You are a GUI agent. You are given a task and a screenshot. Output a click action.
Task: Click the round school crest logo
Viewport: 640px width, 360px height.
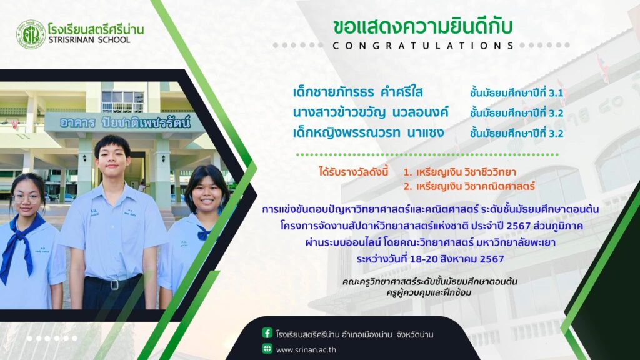click(x=31, y=34)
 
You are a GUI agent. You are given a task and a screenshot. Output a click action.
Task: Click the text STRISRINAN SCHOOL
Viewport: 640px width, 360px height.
click(x=89, y=40)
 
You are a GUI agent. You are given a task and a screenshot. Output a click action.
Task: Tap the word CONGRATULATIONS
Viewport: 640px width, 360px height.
click(x=423, y=46)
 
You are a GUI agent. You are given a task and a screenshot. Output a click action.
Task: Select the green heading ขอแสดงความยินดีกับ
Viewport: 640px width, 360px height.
click(x=422, y=27)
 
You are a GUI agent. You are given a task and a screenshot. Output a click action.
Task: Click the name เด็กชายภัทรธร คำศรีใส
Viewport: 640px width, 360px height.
click(x=357, y=92)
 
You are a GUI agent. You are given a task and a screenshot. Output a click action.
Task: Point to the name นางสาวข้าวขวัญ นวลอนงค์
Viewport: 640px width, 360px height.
click(x=371, y=112)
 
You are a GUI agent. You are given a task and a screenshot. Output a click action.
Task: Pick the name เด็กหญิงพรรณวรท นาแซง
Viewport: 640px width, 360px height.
click(x=367, y=132)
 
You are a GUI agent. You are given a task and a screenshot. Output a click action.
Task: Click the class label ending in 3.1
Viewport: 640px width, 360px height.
click(x=516, y=92)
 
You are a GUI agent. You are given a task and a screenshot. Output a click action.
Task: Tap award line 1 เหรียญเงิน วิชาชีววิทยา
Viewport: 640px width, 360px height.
click(x=459, y=172)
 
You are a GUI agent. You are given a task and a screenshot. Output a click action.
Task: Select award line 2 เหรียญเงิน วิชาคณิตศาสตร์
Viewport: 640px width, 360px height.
click(x=469, y=186)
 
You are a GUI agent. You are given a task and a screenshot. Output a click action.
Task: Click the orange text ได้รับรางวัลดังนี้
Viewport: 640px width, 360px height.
click(x=354, y=171)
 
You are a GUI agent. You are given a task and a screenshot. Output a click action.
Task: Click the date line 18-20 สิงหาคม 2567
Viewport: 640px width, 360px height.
click(x=430, y=259)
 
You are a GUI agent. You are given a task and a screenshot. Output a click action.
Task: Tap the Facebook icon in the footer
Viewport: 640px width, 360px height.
click(x=267, y=333)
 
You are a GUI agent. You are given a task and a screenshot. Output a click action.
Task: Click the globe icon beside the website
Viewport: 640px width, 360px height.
click(x=267, y=349)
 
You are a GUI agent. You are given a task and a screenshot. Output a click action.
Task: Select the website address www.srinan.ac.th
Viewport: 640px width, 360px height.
click(x=306, y=350)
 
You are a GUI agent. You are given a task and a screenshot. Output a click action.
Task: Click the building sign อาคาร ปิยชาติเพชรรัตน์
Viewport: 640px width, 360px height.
click(x=125, y=122)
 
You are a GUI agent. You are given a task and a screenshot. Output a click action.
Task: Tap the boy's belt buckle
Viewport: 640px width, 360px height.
click(x=114, y=284)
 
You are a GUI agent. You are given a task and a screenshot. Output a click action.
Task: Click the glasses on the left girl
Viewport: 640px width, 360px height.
click(x=27, y=199)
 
